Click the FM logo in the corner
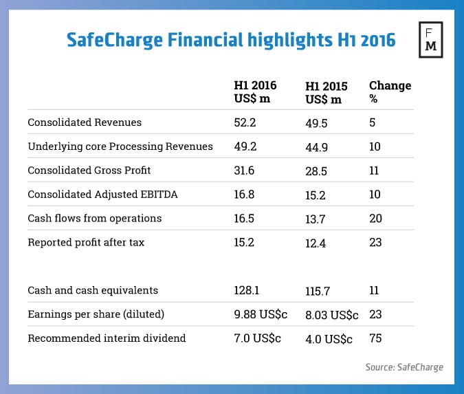(x=432, y=42)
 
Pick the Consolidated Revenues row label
(x=85, y=122)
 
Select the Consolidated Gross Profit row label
(x=89, y=171)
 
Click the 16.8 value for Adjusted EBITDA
(x=245, y=195)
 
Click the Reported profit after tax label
(x=86, y=243)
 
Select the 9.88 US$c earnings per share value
(x=260, y=315)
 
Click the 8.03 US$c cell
(x=331, y=315)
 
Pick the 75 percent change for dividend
(x=376, y=339)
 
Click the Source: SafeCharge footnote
(x=404, y=367)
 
